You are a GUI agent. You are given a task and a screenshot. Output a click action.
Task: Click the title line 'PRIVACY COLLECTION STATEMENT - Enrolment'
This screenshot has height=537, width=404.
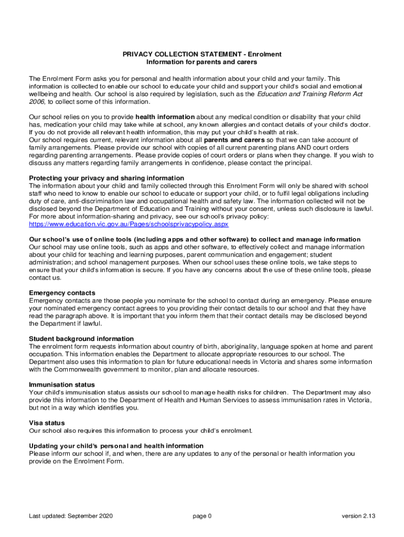pos(202,54)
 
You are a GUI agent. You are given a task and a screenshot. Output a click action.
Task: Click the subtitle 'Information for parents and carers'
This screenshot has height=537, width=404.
pos(202,62)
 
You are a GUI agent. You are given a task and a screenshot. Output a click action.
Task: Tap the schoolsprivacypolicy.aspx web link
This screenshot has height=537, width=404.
pos(129,224)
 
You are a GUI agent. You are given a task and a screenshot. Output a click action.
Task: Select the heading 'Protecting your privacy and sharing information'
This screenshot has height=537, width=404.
pos(107,178)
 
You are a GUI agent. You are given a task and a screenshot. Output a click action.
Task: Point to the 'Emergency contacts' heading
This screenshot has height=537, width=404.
pos(62,293)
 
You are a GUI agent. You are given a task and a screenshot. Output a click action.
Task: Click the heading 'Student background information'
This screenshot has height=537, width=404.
pos(81,339)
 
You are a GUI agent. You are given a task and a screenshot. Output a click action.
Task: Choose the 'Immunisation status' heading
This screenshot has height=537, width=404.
pos(62,384)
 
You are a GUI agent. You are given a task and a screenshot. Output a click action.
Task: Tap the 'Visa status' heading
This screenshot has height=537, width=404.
pos(47,423)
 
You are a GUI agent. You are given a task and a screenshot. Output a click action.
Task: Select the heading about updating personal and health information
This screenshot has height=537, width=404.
pos(116,446)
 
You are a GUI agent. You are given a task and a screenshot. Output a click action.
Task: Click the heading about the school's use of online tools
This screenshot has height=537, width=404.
pos(195,239)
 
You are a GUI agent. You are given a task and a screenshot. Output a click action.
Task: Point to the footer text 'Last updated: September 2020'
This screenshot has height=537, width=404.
pos(71,516)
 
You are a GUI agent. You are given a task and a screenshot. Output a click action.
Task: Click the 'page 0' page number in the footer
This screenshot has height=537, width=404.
pos(202,516)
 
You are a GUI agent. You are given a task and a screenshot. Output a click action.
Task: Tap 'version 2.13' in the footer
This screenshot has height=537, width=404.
pos(359,516)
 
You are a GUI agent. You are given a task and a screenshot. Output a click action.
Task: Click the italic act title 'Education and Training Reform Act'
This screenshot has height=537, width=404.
pos(310,94)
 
